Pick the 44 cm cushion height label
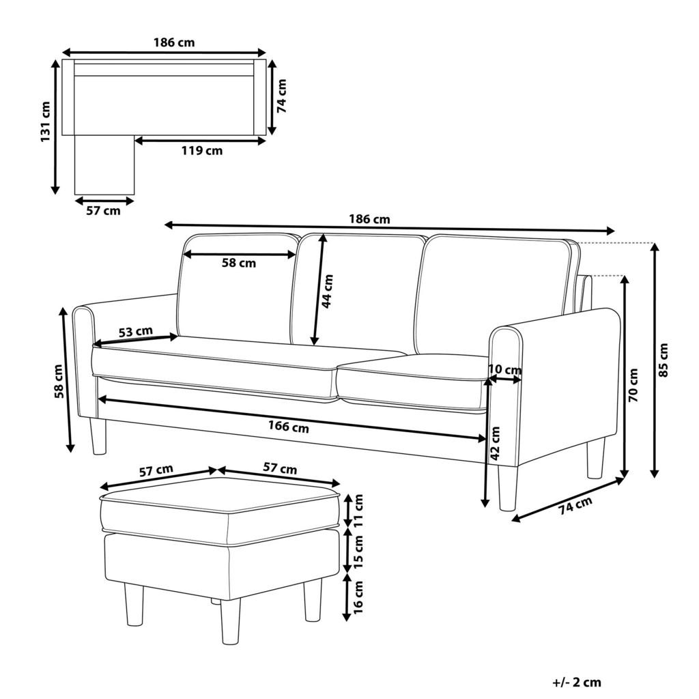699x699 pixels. (x=328, y=291)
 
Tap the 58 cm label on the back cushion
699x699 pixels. (x=238, y=263)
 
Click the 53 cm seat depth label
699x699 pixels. (x=135, y=332)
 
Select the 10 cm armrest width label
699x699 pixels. (x=505, y=370)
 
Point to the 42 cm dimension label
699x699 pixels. (x=496, y=442)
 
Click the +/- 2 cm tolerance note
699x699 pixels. (x=577, y=682)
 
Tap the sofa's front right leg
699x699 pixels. (x=507, y=489)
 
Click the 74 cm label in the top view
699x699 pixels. (x=282, y=95)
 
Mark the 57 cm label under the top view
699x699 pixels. (x=103, y=211)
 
